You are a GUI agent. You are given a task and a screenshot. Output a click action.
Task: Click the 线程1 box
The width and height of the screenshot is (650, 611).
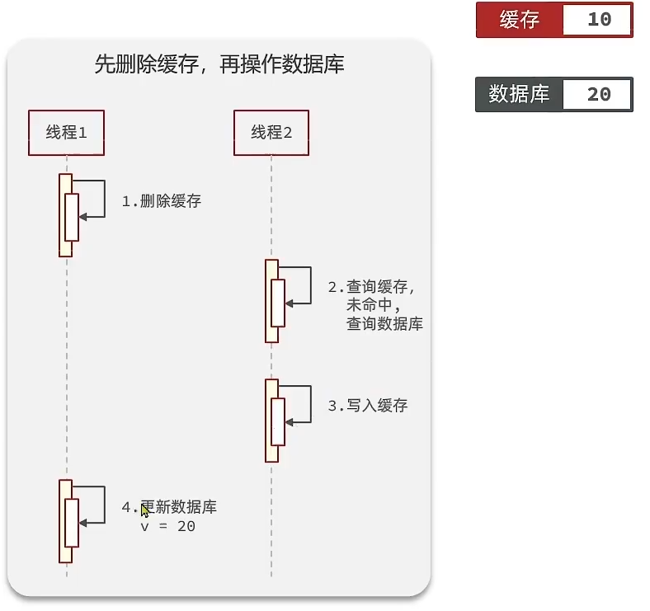tap(66, 133)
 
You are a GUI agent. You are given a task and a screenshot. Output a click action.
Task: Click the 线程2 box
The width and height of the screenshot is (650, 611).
tap(271, 133)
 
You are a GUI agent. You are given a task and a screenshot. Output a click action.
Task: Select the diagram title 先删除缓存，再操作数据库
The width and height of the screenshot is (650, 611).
tap(219, 64)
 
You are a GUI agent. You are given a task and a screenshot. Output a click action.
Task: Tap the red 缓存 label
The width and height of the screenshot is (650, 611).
tap(520, 20)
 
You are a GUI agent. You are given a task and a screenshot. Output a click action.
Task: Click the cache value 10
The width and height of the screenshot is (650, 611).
tap(600, 20)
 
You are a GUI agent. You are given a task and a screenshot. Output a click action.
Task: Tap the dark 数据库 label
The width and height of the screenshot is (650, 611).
tap(519, 94)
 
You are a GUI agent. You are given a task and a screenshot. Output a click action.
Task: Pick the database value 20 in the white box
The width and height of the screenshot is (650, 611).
tap(599, 95)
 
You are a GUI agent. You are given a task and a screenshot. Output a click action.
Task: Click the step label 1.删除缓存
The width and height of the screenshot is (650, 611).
tap(161, 201)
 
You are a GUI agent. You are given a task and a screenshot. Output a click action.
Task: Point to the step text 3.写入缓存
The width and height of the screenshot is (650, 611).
tap(368, 406)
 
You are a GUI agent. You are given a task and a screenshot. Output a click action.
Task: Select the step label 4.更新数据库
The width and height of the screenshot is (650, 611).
tap(169, 507)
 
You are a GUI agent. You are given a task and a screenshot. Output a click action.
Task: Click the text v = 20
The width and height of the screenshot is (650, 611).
tap(168, 526)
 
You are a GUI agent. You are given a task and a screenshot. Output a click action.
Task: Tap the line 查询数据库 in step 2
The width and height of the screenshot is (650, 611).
tap(384, 323)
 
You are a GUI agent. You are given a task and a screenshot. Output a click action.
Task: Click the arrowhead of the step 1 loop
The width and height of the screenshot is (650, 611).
tap(82, 217)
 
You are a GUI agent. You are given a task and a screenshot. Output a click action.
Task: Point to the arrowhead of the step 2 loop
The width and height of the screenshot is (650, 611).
tap(289, 303)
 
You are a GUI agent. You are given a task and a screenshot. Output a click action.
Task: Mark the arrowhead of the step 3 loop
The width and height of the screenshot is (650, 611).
tap(289, 423)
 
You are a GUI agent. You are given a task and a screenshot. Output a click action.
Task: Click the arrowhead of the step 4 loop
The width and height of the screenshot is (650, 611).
tap(82, 523)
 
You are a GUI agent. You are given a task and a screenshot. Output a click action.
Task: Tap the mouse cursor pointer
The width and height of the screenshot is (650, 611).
tap(144, 510)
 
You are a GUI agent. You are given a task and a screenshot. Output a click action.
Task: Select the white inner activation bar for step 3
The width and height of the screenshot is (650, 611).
tap(278, 422)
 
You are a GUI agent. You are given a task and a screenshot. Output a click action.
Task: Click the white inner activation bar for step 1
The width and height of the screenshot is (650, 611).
tap(72, 217)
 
